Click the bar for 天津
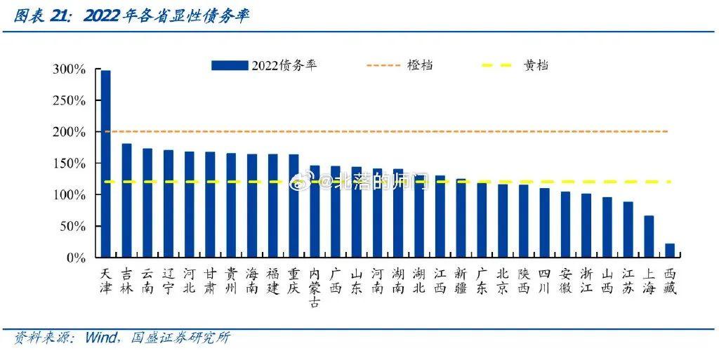[x=105, y=164]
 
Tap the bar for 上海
[x=649, y=236]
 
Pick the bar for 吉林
[x=126, y=201]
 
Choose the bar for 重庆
[x=293, y=206]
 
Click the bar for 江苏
[x=628, y=229]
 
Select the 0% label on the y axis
[x=75, y=258]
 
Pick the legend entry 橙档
[x=419, y=65]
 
